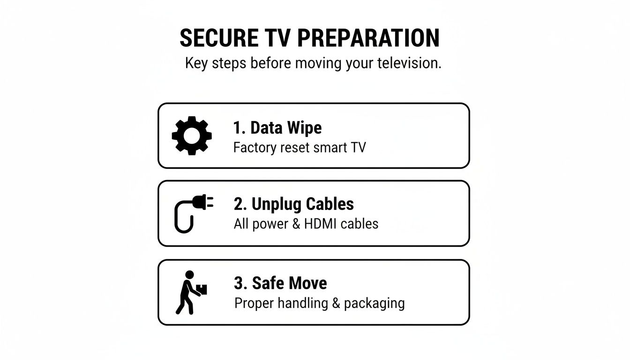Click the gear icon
coord(192,135)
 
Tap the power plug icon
coord(193,214)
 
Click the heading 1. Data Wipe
coord(277,127)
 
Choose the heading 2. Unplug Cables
coord(293,204)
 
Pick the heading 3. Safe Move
coord(280,283)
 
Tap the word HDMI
coord(321,224)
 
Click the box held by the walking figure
coord(202,290)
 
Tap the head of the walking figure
coord(189,274)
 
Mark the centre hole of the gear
coord(192,135)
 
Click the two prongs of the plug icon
coord(210,202)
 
